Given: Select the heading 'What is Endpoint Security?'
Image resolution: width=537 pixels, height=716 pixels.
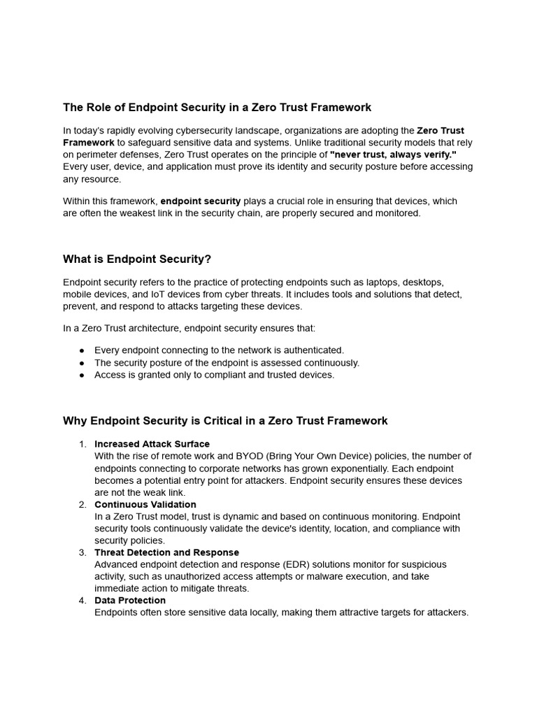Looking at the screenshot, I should tap(137, 259).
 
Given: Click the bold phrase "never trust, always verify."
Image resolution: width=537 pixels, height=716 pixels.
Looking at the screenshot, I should tap(392, 155).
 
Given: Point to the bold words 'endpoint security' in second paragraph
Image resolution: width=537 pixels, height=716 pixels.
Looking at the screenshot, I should tap(201, 201).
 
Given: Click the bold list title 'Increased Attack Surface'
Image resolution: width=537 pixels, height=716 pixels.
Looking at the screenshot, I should tap(152, 444).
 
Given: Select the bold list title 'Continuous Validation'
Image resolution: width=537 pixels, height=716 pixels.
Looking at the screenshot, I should tap(145, 504).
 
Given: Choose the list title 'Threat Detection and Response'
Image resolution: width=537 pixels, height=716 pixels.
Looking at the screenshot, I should tap(166, 552).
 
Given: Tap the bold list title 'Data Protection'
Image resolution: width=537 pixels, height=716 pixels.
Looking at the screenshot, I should tap(130, 600).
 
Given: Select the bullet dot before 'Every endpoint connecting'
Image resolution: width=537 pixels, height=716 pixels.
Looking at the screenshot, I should tap(82, 350).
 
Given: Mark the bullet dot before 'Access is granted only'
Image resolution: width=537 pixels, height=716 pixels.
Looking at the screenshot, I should tap(82, 375).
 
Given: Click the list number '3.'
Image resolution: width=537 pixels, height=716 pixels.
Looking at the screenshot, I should tap(83, 552).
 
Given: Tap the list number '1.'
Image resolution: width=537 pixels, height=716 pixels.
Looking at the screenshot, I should tap(83, 444).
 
